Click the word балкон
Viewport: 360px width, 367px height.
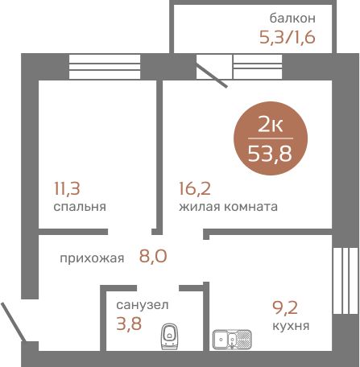[x=292, y=19]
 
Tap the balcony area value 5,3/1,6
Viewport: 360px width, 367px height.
[x=288, y=37]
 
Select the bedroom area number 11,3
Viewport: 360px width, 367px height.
[x=67, y=188]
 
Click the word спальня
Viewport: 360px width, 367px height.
[x=80, y=207]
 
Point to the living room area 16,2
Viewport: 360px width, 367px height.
[x=195, y=188]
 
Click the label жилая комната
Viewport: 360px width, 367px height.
[x=228, y=207]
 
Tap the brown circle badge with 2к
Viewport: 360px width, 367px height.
[x=271, y=138]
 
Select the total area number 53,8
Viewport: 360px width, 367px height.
[x=270, y=154]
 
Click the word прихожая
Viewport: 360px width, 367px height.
[x=92, y=258]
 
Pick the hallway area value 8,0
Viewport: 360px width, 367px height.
[x=153, y=256]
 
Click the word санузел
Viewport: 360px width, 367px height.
[x=143, y=305]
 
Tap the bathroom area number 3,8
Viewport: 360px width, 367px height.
[x=129, y=324]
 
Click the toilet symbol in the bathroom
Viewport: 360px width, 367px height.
[x=170, y=336]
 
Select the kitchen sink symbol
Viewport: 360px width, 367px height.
[x=232, y=340]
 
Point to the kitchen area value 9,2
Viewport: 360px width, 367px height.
[x=285, y=307]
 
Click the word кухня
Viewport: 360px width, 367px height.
[x=291, y=326]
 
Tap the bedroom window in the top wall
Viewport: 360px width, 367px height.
[x=105, y=67]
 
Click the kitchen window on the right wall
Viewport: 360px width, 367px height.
[x=346, y=281]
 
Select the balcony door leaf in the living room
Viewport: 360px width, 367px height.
[x=212, y=76]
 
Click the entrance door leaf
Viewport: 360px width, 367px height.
[x=14, y=322]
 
